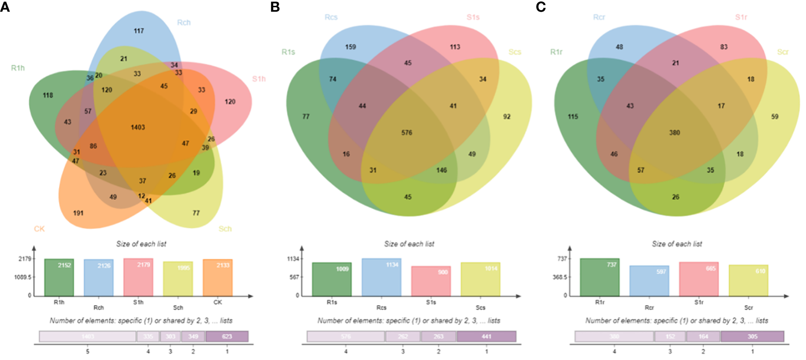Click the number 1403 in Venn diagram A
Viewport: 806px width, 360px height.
click(138, 127)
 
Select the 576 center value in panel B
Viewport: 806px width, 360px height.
click(407, 133)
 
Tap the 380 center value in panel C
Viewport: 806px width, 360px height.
click(674, 133)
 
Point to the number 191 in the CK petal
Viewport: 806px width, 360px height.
click(78, 213)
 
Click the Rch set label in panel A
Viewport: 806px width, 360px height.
click(184, 23)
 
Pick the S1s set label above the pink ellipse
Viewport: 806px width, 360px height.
click(473, 17)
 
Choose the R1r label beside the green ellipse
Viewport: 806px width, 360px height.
click(556, 52)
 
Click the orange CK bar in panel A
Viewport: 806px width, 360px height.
click(218, 278)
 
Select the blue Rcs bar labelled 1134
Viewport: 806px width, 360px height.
click(381, 277)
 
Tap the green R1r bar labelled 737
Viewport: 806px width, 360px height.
click(599, 277)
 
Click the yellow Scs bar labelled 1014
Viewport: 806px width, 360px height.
click(480, 279)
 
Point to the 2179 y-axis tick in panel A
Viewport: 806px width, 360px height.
click(25, 259)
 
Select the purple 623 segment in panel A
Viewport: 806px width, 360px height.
click(227, 336)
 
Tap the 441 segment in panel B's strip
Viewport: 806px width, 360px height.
click(486, 336)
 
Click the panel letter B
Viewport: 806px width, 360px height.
click(275, 7)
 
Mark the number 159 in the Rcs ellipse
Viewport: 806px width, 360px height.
click(351, 47)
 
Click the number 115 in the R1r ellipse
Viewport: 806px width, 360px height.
click(573, 117)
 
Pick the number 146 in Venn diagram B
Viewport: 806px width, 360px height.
click(442, 170)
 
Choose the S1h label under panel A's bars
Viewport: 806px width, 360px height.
click(138, 302)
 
